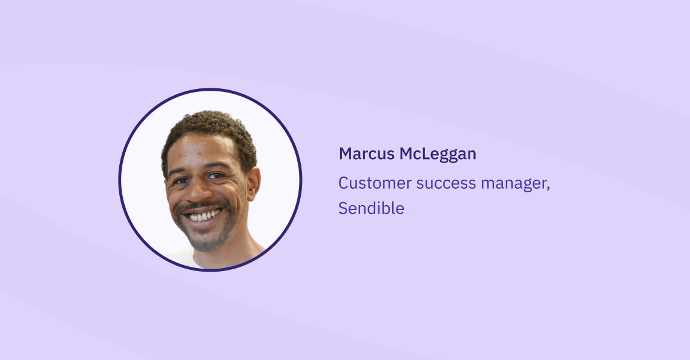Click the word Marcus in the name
tap(367, 154)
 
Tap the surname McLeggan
tap(438, 154)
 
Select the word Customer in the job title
tap(375, 183)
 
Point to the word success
tap(446, 184)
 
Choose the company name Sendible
tap(371, 208)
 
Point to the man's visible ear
tap(254, 184)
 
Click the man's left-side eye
tap(180, 180)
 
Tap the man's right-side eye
tap(215, 175)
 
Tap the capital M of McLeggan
tap(407, 154)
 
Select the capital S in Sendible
tap(343, 208)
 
